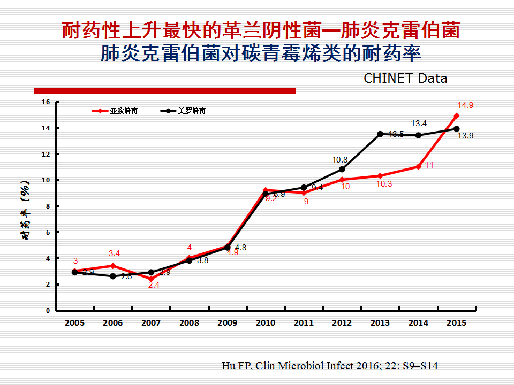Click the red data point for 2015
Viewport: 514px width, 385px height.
[456, 115]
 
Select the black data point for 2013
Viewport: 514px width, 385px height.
[380, 134]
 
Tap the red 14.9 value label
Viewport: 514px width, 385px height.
[465, 105]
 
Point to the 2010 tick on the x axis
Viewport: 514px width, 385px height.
[266, 323]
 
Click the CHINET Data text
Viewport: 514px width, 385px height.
[405, 78]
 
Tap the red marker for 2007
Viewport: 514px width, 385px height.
[151, 279]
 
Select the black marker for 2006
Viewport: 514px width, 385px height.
[113, 276]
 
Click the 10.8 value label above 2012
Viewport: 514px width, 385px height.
[340, 159]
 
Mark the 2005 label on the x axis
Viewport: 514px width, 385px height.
[75, 323]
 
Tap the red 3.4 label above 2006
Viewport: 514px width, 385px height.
[114, 253]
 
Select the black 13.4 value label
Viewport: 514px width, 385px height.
[419, 124]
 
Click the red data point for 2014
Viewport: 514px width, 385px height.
[418, 166]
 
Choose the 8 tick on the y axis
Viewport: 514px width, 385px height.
[47, 206]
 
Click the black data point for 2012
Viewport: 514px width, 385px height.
[342, 170]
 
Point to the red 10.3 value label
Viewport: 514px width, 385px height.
[383, 184]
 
